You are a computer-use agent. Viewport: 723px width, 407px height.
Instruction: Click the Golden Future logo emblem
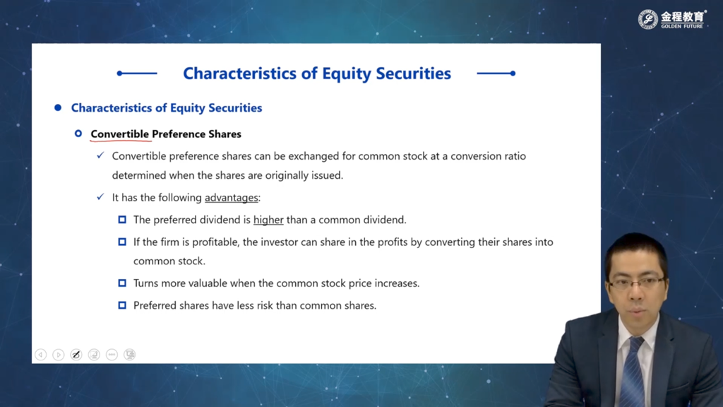click(x=648, y=19)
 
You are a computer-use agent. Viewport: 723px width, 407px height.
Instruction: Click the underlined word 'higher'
click(x=268, y=220)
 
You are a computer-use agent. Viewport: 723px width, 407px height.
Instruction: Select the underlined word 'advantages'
click(x=232, y=198)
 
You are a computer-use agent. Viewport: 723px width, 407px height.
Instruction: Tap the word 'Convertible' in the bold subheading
click(x=120, y=134)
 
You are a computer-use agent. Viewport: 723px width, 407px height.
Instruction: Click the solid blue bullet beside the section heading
click(x=58, y=107)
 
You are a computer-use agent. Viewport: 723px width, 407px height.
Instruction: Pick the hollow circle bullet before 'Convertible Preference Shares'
click(x=78, y=134)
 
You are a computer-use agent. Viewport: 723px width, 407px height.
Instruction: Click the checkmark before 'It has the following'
click(x=100, y=196)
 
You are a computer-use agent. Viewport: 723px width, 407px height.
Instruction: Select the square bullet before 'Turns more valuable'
click(x=122, y=283)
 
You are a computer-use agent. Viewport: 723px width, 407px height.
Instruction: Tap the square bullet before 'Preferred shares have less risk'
click(x=122, y=305)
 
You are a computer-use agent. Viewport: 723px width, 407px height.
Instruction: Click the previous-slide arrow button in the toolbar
click(x=40, y=355)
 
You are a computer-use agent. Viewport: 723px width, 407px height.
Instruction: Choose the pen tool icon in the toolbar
click(x=76, y=355)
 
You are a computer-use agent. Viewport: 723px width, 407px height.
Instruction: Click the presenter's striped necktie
click(x=633, y=372)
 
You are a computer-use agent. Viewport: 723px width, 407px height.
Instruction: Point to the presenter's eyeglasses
click(x=638, y=283)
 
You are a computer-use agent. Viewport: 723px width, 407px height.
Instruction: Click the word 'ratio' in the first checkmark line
click(x=514, y=156)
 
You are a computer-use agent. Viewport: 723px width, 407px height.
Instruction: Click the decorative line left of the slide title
click(x=137, y=73)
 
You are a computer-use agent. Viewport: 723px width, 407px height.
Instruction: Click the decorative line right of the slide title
click(x=496, y=73)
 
